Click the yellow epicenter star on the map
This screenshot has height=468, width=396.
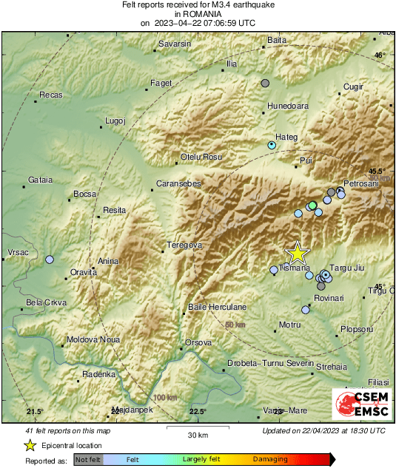(297, 254)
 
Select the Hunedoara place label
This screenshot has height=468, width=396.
(288, 106)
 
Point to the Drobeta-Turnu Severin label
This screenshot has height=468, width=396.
(271, 363)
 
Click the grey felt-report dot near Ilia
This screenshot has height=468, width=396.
(265, 84)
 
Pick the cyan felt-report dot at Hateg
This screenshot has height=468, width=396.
(272, 145)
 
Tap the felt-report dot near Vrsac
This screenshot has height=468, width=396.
(50, 260)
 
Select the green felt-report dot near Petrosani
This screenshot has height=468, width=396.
(312, 205)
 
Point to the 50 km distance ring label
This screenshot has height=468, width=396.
(235, 325)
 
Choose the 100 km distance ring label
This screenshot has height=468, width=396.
(166, 398)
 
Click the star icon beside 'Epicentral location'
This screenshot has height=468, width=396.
(30, 445)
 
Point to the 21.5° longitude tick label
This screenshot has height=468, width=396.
(36, 411)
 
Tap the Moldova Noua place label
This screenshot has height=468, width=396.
(93, 339)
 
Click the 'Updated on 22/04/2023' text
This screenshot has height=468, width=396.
(323, 430)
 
